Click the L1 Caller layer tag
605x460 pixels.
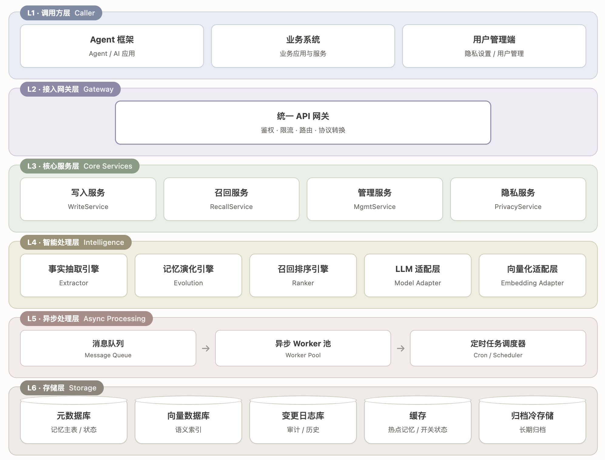(x=61, y=13)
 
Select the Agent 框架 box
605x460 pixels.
(x=112, y=46)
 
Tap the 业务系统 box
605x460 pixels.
(x=303, y=46)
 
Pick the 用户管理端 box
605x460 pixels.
(x=494, y=46)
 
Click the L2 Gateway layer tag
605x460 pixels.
(x=70, y=89)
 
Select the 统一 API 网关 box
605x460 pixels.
(x=303, y=122)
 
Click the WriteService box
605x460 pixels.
(x=88, y=199)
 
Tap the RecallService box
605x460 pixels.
(x=232, y=199)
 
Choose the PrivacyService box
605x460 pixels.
(x=518, y=199)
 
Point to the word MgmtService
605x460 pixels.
(x=375, y=207)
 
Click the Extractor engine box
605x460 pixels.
(x=74, y=275)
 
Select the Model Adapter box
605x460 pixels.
(x=418, y=275)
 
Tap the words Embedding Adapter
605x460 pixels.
(x=532, y=283)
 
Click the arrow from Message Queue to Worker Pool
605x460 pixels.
(x=206, y=348)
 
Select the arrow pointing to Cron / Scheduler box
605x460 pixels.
(x=401, y=348)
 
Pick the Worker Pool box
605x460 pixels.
(x=303, y=348)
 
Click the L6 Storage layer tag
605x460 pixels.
(x=62, y=388)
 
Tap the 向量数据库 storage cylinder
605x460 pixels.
(x=188, y=420)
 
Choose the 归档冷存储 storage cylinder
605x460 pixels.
(x=532, y=420)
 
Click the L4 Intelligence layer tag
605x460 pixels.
(x=76, y=242)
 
